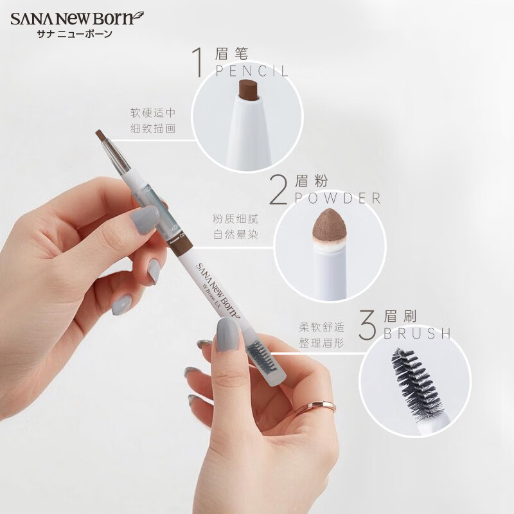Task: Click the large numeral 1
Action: click(x=202, y=63)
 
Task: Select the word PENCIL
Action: click(x=253, y=71)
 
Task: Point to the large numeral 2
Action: click(x=278, y=191)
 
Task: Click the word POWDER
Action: click(x=338, y=198)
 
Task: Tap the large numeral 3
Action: click(x=368, y=326)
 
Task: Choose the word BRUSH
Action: click(x=417, y=334)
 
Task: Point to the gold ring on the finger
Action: click(x=315, y=406)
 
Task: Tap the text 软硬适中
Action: click(x=153, y=112)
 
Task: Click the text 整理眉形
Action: click(x=321, y=343)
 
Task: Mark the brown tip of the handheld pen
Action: click(x=102, y=135)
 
